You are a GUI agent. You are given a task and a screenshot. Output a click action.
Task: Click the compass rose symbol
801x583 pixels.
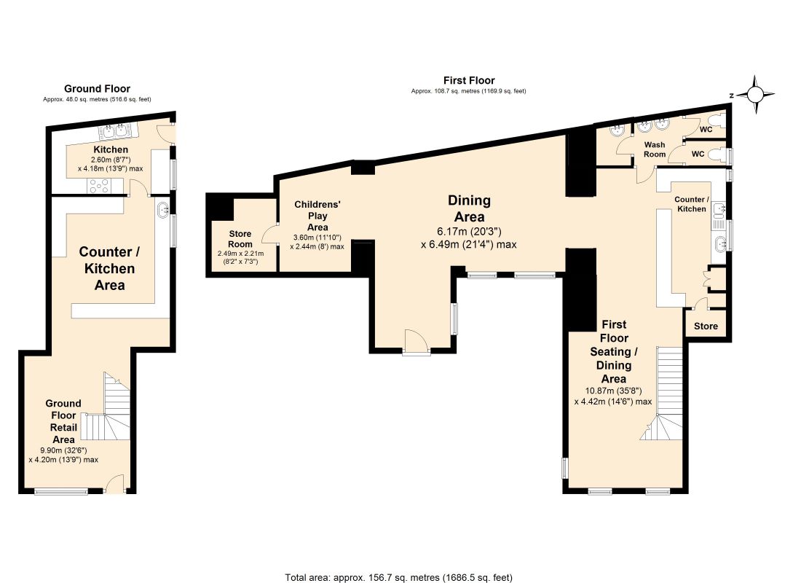click(x=756, y=95)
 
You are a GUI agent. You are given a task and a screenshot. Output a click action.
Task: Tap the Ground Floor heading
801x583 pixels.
click(x=97, y=88)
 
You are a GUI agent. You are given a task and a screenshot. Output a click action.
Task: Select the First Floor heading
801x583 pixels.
click(x=469, y=80)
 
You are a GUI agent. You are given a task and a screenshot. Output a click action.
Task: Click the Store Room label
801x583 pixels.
click(x=240, y=239)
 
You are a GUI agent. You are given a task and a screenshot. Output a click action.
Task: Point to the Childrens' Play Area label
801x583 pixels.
click(x=317, y=216)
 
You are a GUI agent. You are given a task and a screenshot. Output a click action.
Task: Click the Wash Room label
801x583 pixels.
click(x=655, y=149)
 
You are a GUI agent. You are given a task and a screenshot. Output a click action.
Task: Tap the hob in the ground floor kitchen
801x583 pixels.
click(x=99, y=186)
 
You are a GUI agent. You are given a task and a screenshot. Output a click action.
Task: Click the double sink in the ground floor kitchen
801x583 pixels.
click(x=115, y=131)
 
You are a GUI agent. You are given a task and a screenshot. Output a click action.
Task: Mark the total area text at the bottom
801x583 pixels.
click(x=398, y=577)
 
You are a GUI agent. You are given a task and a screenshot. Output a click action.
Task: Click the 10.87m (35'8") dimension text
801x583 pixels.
click(x=613, y=391)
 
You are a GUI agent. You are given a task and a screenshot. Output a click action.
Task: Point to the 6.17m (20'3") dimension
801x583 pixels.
click(x=469, y=232)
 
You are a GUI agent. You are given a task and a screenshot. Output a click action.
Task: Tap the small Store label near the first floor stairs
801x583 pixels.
click(x=706, y=326)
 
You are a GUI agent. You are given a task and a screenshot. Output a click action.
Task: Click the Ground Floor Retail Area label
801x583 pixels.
click(x=63, y=421)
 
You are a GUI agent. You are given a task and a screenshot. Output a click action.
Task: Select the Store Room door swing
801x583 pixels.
click(x=269, y=234)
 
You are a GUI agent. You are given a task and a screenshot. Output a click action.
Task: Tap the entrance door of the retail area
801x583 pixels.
click(x=116, y=483)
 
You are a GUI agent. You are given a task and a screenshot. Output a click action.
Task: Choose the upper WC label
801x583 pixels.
click(x=706, y=130)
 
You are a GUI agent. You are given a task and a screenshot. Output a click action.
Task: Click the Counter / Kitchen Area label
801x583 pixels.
click(x=109, y=268)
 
